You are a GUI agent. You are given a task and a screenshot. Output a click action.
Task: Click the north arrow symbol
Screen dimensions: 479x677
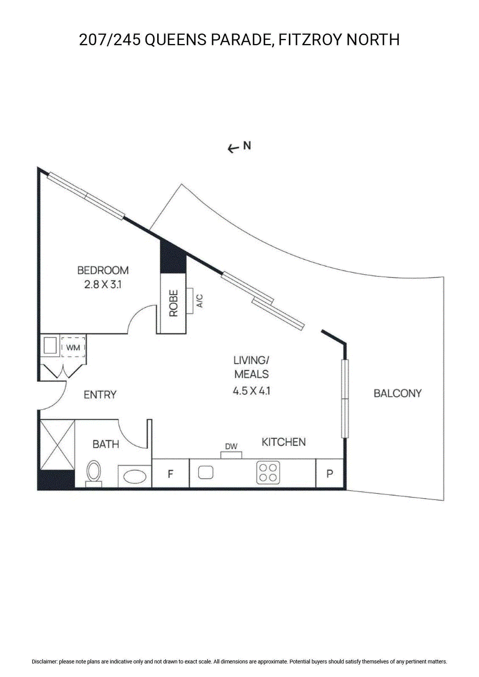pyautogui.click(x=233, y=149)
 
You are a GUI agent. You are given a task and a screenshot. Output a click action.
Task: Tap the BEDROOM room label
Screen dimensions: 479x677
pyautogui.click(x=103, y=270)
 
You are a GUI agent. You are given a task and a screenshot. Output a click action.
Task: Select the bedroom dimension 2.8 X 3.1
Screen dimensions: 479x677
pyautogui.click(x=103, y=285)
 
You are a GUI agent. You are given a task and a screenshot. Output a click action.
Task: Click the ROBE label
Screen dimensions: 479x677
pyautogui.click(x=173, y=303)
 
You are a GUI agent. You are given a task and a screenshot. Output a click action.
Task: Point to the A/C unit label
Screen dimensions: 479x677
pyautogui.click(x=200, y=301)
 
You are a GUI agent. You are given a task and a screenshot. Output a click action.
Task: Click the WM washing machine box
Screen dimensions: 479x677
pyautogui.click(x=73, y=347)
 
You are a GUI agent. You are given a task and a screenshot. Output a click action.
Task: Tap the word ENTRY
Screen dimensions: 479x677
pyautogui.click(x=100, y=395)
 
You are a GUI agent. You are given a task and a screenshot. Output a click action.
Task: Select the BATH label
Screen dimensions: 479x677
pyautogui.click(x=105, y=444)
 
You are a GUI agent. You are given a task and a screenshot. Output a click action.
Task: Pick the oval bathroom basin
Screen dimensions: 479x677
pyautogui.click(x=135, y=477)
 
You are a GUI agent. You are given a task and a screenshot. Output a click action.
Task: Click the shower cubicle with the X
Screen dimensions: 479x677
pyautogui.click(x=58, y=445)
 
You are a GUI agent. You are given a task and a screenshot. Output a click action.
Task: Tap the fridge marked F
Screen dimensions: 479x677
pyautogui.click(x=170, y=473)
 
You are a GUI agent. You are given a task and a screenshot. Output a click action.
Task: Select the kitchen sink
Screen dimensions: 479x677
pyautogui.click(x=206, y=473)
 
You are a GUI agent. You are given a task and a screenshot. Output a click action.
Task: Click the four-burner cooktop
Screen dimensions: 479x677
pyautogui.click(x=268, y=473)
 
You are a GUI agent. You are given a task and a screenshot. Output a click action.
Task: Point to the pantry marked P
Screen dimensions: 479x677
pyautogui.click(x=329, y=473)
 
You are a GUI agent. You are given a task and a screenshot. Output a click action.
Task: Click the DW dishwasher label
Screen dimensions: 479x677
pyautogui.click(x=231, y=446)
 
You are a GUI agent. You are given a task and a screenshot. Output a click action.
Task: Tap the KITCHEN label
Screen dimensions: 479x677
pyautogui.click(x=283, y=442)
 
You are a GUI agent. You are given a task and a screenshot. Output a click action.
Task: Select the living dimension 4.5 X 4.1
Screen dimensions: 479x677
pyautogui.click(x=252, y=391)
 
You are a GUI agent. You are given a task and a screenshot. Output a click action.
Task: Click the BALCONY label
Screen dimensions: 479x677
pyautogui.click(x=398, y=393)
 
